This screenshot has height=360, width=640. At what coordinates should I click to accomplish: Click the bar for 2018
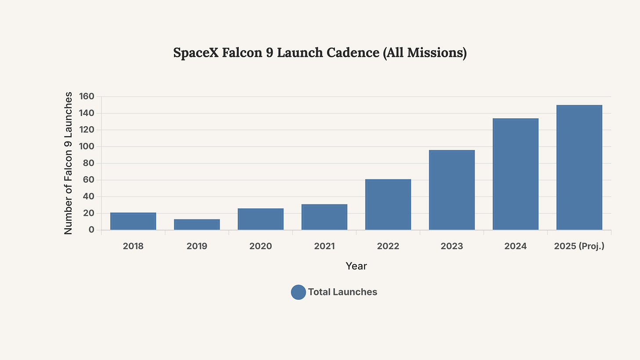(x=133, y=221)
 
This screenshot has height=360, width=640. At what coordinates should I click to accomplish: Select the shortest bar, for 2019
(x=197, y=225)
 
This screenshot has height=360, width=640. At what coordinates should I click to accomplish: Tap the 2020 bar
(x=261, y=219)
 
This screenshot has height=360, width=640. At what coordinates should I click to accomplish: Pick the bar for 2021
(x=324, y=217)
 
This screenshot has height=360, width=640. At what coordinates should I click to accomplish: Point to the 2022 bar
(x=388, y=204)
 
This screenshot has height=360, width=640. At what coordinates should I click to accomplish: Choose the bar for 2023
(x=452, y=190)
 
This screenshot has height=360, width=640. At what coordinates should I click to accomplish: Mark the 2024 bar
(x=516, y=174)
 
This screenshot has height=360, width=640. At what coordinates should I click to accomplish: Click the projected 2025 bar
(x=579, y=167)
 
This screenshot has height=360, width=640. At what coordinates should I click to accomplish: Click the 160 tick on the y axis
(x=87, y=96)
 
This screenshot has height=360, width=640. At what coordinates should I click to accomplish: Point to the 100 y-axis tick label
(x=87, y=146)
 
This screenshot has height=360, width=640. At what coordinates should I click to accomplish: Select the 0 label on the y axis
(x=91, y=230)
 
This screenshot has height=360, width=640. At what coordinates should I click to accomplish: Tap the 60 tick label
(x=89, y=180)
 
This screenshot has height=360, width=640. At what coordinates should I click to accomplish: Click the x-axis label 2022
(x=388, y=246)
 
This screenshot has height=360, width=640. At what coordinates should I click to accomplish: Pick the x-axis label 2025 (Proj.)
(x=579, y=246)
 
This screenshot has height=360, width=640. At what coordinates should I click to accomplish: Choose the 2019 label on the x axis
(x=197, y=246)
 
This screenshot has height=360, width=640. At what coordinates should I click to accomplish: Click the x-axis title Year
(x=356, y=266)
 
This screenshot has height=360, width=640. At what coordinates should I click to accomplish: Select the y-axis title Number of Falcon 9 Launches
(x=68, y=163)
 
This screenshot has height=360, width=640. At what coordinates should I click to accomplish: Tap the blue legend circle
(x=298, y=292)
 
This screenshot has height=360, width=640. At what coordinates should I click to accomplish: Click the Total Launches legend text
(x=342, y=292)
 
